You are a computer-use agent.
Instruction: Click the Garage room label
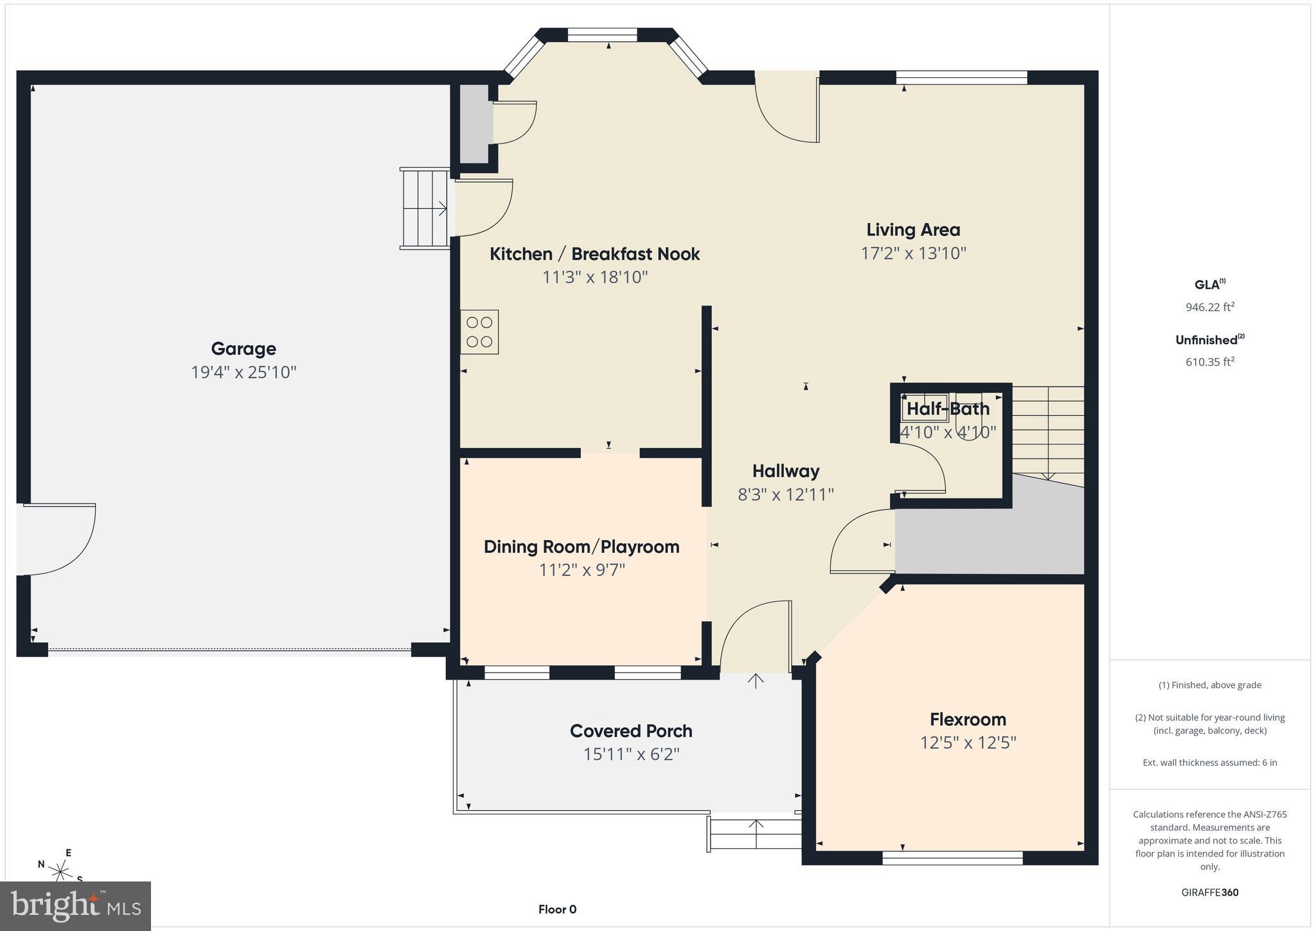click(x=243, y=348)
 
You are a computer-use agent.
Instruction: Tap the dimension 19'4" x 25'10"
click(x=243, y=372)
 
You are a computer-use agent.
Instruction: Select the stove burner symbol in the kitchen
click(x=479, y=332)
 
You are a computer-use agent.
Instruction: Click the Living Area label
click(x=912, y=230)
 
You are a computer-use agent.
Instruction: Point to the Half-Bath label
click(x=948, y=408)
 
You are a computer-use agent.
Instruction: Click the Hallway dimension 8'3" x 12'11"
click(x=785, y=494)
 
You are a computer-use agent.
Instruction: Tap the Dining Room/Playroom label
click(x=581, y=547)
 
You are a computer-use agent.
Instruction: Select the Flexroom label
click(x=968, y=719)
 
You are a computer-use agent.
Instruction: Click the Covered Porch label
click(x=630, y=731)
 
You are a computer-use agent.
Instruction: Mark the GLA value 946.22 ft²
click(x=1209, y=307)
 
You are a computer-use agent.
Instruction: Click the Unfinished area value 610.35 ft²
click(x=1209, y=362)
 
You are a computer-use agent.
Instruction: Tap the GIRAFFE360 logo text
click(x=1209, y=892)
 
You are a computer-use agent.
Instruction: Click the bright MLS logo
click(x=76, y=906)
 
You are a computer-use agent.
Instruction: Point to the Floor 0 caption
click(x=557, y=909)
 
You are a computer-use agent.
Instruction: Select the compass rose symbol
click(x=61, y=871)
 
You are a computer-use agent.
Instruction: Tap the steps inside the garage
click(x=425, y=208)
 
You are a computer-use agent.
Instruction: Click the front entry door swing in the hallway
click(x=755, y=637)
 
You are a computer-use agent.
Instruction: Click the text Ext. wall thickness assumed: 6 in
click(x=1209, y=763)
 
